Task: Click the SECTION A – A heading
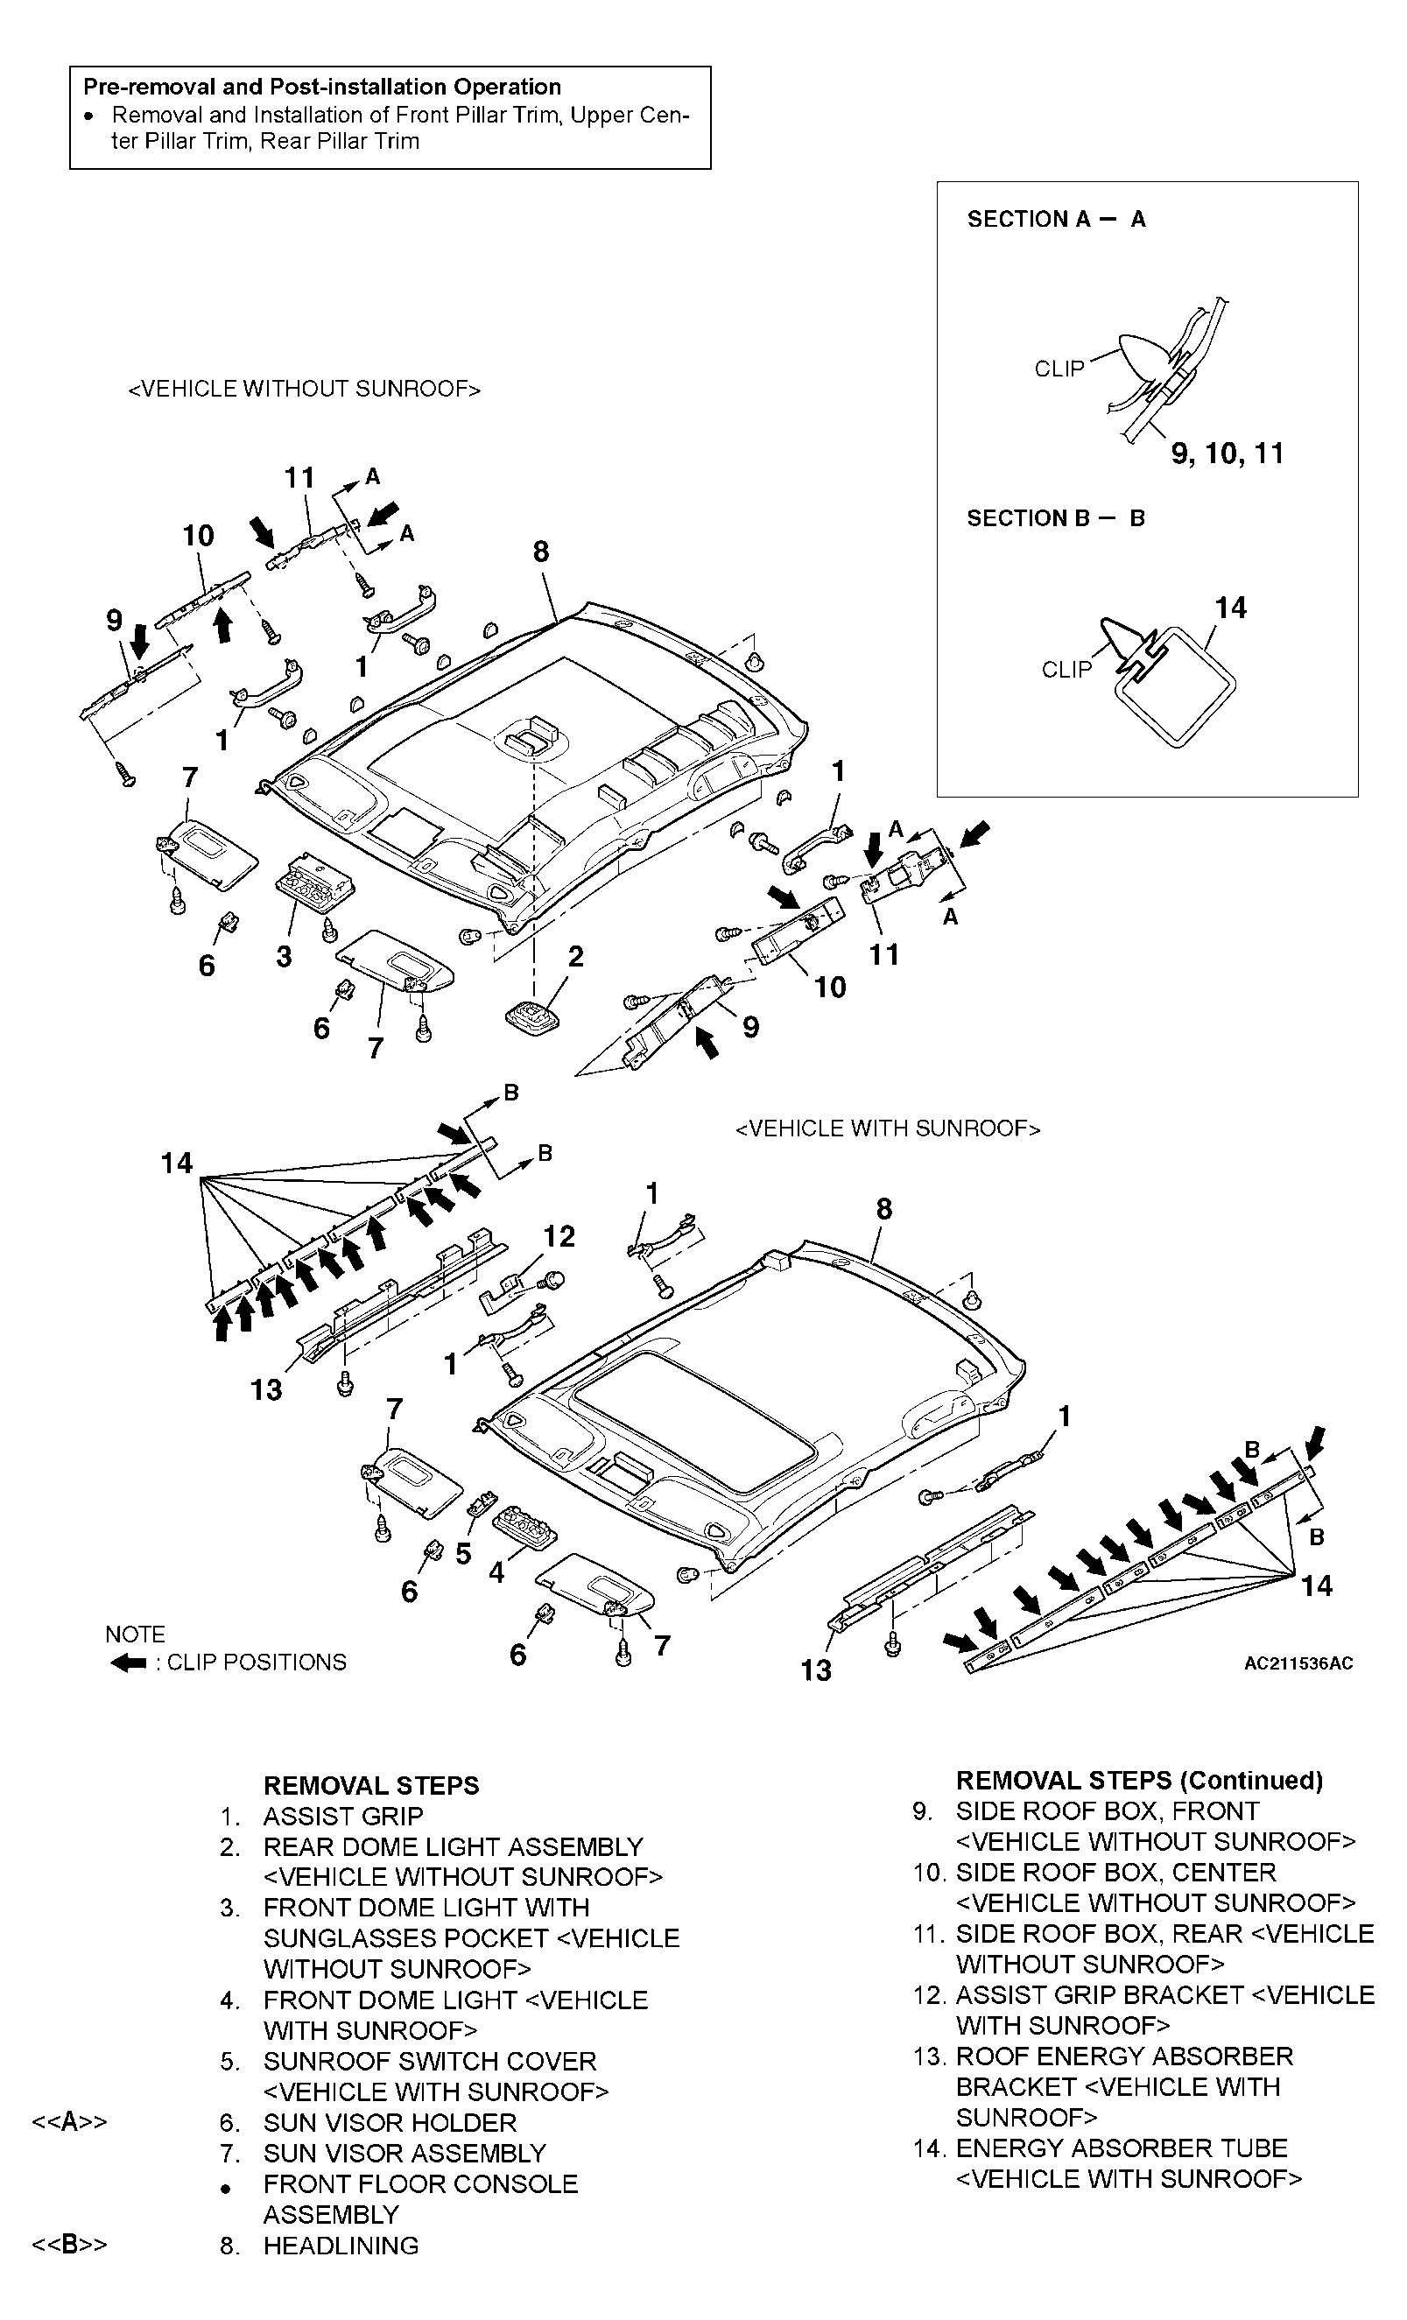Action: [x=1056, y=220]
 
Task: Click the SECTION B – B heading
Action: [x=1055, y=518]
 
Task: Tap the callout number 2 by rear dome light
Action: [x=575, y=957]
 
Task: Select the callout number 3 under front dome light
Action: [x=284, y=957]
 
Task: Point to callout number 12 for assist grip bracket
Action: [x=559, y=1236]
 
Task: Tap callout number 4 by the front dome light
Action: [x=496, y=1571]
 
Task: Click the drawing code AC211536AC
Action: [x=1298, y=1663]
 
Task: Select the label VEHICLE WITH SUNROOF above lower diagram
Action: [x=887, y=1129]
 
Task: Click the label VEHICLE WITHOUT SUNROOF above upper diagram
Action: [x=304, y=389]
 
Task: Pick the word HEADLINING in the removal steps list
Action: [x=341, y=2246]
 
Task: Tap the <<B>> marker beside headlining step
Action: [x=70, y=2245]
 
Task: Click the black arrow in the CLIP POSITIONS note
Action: [x=128, y=1663]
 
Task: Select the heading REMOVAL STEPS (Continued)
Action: [x=1140, y=1781]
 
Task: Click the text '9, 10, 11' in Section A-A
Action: [x=1228, y=453]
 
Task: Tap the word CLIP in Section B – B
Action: [x=1066, y=670]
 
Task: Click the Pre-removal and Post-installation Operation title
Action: [x=322, y=87]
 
